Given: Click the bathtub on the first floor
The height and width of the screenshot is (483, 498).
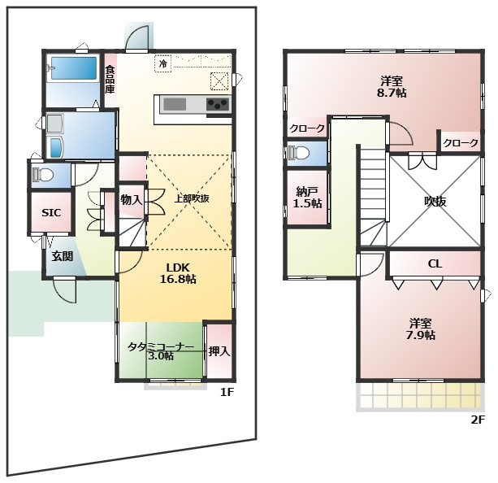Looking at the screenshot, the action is coord(74,68).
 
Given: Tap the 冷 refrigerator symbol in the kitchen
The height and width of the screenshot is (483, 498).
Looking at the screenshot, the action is coord(163,63).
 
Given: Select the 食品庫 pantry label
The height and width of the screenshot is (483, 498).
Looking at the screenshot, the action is coord(110,79).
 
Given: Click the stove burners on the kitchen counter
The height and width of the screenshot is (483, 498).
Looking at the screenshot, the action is coord(218,103).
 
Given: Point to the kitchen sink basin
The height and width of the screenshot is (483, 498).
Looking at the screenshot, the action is coord(175,104).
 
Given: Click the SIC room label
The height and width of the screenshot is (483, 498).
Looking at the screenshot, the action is coord(51,213).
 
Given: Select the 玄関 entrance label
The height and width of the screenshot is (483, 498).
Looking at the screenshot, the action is coord(63,256).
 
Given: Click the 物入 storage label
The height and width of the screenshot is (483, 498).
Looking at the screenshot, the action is coord(131,200).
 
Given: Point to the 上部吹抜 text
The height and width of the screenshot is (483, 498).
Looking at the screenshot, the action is coord(192,198).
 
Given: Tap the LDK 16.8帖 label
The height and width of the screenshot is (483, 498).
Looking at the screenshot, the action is coord(178,273).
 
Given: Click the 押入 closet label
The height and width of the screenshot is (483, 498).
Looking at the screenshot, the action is coord(219,351).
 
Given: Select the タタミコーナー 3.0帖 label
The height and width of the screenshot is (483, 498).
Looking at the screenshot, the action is coord(161,351).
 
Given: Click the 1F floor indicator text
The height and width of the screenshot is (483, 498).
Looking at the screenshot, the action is coord(227,392).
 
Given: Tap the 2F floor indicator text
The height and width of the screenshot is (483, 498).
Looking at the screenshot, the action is coord(478,420).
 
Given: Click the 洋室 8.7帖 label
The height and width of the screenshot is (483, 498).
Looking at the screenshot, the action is coord(392,87).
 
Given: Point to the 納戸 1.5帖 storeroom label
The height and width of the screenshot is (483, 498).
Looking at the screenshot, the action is coord(307,198).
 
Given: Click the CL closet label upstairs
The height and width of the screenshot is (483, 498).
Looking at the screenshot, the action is coord(435,263).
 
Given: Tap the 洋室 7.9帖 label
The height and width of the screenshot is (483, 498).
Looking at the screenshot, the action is coord(421,329).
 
